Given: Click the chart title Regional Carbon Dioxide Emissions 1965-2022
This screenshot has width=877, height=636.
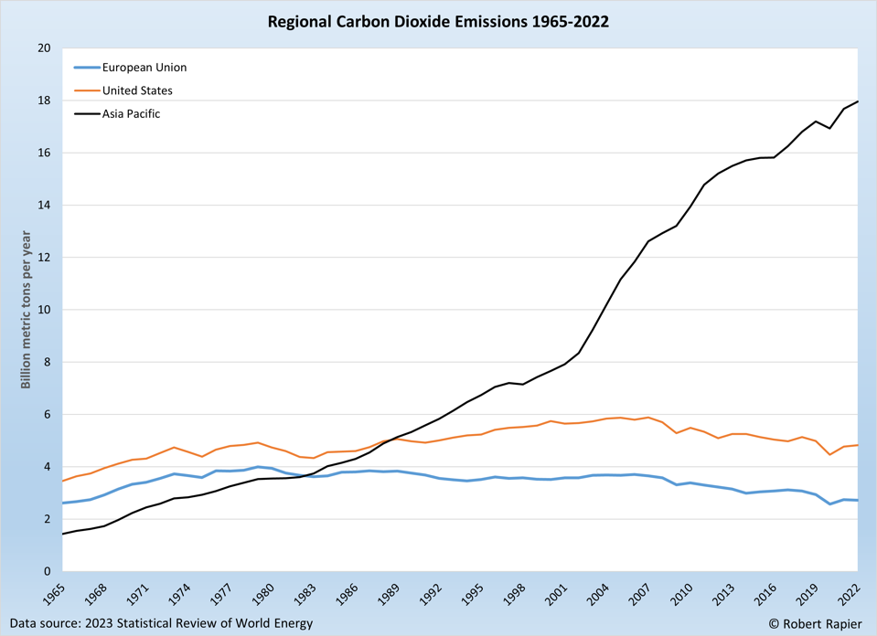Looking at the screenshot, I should coord(438,20).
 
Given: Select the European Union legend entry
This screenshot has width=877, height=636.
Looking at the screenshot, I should coord(144,67).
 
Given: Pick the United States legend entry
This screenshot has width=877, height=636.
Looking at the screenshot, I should coord(137,90).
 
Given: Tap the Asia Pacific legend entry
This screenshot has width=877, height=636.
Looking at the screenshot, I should coord(131,114).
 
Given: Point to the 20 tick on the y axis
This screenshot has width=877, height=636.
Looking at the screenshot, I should coord(44,48).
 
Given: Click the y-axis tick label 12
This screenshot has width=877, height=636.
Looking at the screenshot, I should coord(44,258).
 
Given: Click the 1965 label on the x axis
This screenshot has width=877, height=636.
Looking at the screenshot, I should coord(56,595).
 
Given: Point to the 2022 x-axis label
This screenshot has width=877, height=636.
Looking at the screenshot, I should coord(851,595).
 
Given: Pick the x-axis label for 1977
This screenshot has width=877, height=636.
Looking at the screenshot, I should coord(223,595).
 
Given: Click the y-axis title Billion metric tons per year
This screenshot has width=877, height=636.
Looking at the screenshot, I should coord(26,311).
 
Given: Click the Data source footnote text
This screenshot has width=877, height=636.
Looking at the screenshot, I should coord(161,623).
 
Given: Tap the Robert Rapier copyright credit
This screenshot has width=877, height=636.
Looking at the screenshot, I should coord(815,623).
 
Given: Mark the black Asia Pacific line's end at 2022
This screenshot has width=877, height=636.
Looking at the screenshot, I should coord(858,101).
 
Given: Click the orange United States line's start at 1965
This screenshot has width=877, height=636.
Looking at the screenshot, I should coord(62,481).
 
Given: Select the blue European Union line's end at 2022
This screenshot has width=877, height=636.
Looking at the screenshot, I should coord(858,500).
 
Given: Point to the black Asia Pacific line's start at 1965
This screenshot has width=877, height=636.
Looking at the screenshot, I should coord(62,534).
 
